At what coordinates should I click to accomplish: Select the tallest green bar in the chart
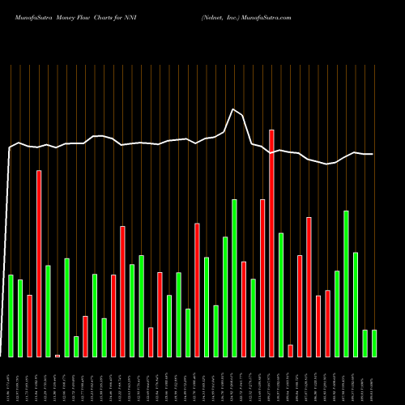(234, 278)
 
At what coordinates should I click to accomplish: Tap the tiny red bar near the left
(58, 356)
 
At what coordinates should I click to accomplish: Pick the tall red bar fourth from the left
(39, 263)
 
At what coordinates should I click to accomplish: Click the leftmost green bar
(11, 316)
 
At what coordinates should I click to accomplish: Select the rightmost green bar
(374, 343)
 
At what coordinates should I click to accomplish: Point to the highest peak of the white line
(233, 109)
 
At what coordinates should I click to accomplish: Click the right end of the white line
(373, 154)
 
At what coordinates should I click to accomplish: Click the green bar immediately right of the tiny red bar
(66, 308)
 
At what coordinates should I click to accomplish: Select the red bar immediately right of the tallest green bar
(244, 309)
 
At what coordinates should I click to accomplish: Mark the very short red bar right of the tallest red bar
(290, 351)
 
